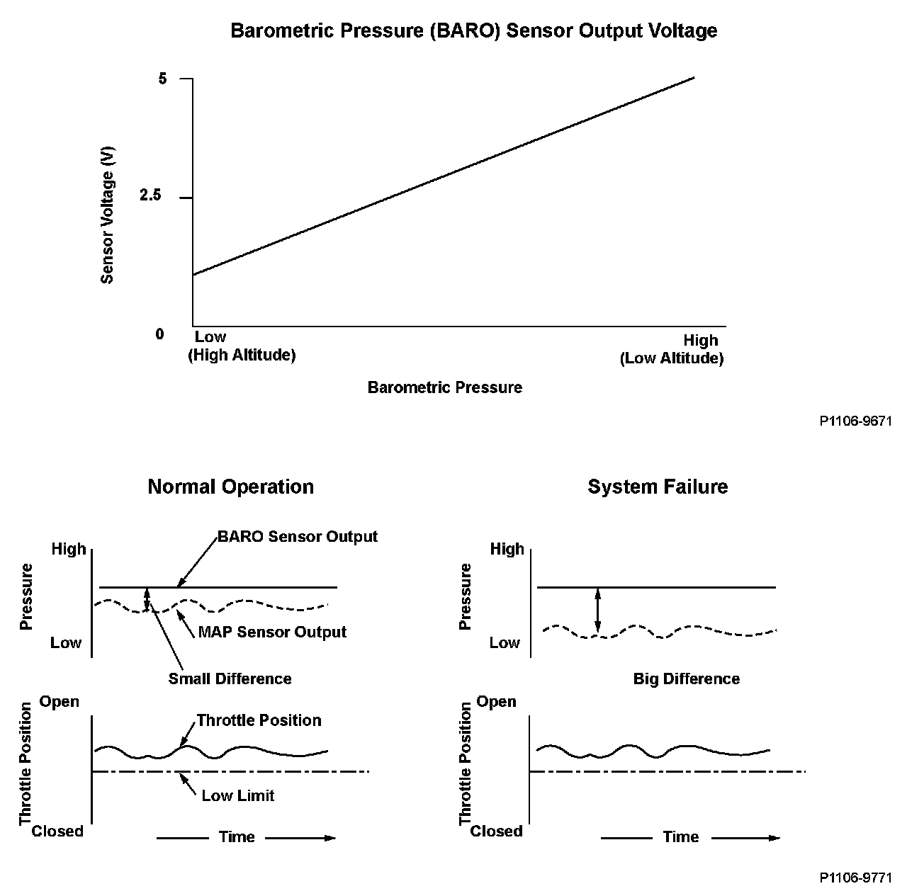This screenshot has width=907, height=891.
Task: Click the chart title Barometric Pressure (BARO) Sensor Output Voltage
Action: [x=473, y=31]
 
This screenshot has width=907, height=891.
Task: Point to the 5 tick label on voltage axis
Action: [x=163, y=79]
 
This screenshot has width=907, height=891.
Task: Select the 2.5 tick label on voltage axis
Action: [x=151, y=196]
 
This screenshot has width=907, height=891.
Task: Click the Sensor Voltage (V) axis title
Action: [x=108, y=215]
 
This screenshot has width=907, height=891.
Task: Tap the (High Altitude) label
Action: [x=242, y=355]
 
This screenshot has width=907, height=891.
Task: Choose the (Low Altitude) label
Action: [x=672, y=358]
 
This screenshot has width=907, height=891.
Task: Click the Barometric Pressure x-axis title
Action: [x=444, y=387]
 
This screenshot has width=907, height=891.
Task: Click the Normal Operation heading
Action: [x=230, y=487]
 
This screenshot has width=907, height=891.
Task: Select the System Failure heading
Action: [x=658, y=487]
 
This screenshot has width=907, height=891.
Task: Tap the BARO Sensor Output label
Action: [x=298, y=536]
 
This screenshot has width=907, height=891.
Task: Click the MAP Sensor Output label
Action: [x=272, y=632]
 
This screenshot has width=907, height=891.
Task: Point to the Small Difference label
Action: [x=230, y=679]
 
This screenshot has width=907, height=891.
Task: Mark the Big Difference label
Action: [x=686, y=679]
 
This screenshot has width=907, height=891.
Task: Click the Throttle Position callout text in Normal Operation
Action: [x=259, y=720]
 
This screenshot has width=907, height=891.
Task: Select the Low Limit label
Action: [x=237, y=795]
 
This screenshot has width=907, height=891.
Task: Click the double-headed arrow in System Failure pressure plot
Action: [x=598, y=611]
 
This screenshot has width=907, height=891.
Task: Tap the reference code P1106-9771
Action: [x=855, y=878]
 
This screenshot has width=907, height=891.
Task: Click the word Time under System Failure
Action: [x=680, y=837]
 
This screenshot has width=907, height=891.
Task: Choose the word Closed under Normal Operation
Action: [x=57, y=831]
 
